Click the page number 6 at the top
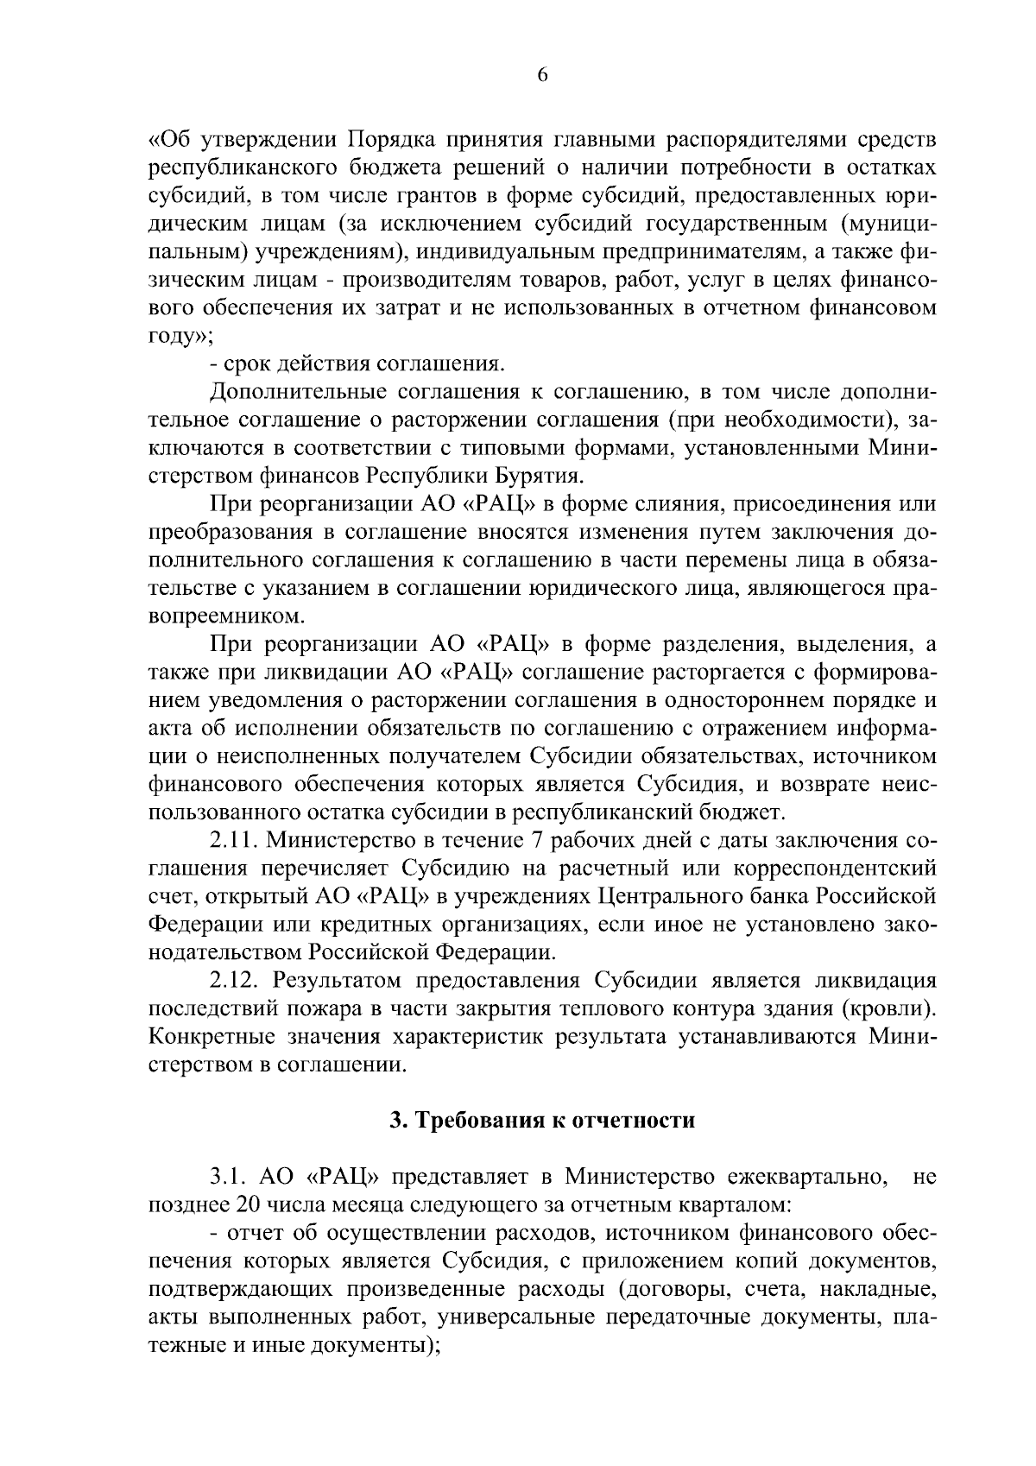pos(542,75)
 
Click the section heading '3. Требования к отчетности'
pos(542,1121)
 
